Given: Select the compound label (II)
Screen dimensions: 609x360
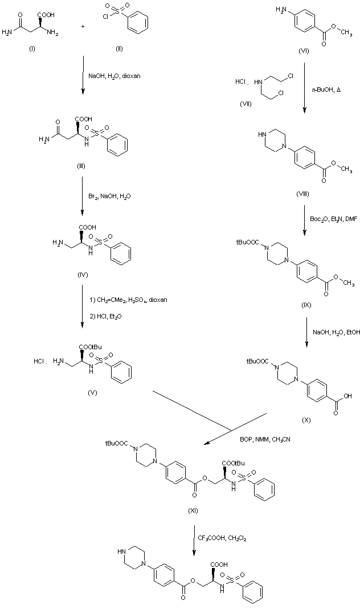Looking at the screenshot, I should pos(118,49).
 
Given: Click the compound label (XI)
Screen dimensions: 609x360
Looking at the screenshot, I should pos(193,509).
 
